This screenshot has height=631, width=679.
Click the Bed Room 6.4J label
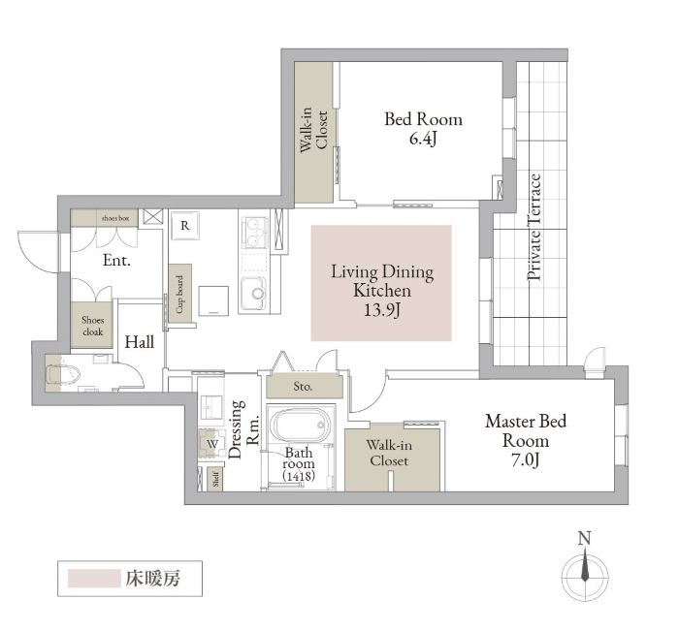[x=423, y=129]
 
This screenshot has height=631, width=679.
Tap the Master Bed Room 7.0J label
[x=526, y=441]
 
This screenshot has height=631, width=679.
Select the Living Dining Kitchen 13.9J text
[x=382, y=291]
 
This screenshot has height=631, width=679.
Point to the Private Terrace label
[x=534, y=227]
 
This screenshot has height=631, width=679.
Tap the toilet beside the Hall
[x=63, y=373]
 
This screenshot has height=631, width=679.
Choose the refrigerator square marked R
[x=185, y=225]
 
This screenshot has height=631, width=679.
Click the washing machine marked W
[x=211, y=444]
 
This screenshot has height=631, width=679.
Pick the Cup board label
[x=179, y=294]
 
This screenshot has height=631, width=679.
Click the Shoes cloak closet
[x=92, y=325]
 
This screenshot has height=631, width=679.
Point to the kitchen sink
[x=254, y=294]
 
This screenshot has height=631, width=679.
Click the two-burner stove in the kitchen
[x=254, y=234]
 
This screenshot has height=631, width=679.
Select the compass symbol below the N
[x=585, y=576]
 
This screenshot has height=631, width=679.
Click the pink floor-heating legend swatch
[x=94, y=579]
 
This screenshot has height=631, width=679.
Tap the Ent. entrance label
[x=117, y=261]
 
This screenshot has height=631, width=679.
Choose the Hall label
[x=140, y=342]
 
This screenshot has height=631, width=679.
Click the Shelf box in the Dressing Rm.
[x=215, y=479]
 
